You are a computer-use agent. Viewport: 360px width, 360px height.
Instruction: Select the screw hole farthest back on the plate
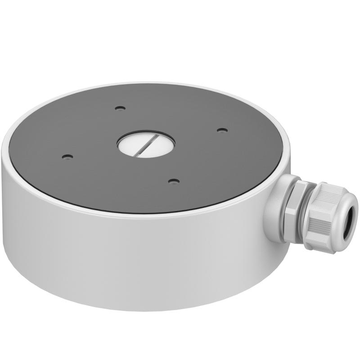119,108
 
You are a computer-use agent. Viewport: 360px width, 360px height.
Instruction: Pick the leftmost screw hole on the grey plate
67,157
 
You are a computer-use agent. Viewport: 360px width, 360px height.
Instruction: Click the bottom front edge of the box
135,309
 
